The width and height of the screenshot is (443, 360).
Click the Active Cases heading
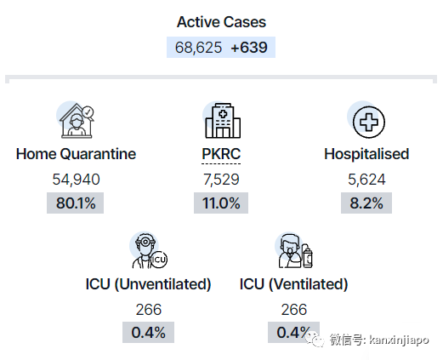[221, 22]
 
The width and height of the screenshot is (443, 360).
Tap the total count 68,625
[198, 48]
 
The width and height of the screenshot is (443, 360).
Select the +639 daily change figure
[249, 48]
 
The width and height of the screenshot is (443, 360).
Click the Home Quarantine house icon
[76, 120]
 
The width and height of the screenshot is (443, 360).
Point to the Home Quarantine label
[76, 154]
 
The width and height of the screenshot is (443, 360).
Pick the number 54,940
[76, 180]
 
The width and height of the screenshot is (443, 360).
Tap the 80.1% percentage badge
[76, 203]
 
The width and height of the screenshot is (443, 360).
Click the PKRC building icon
[223, 120]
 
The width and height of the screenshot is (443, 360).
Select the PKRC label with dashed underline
[221, 154]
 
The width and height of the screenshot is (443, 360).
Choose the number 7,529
[221, 180]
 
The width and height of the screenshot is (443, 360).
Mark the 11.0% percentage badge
[221, 203]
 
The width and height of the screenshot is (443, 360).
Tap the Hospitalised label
[366, 154]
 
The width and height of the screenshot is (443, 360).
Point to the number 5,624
[366, 180]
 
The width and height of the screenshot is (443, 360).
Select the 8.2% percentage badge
[366, 203]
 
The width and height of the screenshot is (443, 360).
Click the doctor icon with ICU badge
[149, 250]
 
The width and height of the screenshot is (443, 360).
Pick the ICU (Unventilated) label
[148, 284]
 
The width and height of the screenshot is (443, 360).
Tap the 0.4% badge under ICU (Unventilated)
[148, 332]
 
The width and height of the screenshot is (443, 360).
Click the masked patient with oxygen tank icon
[294, 250]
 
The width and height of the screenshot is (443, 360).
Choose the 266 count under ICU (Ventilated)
[294, 309]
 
